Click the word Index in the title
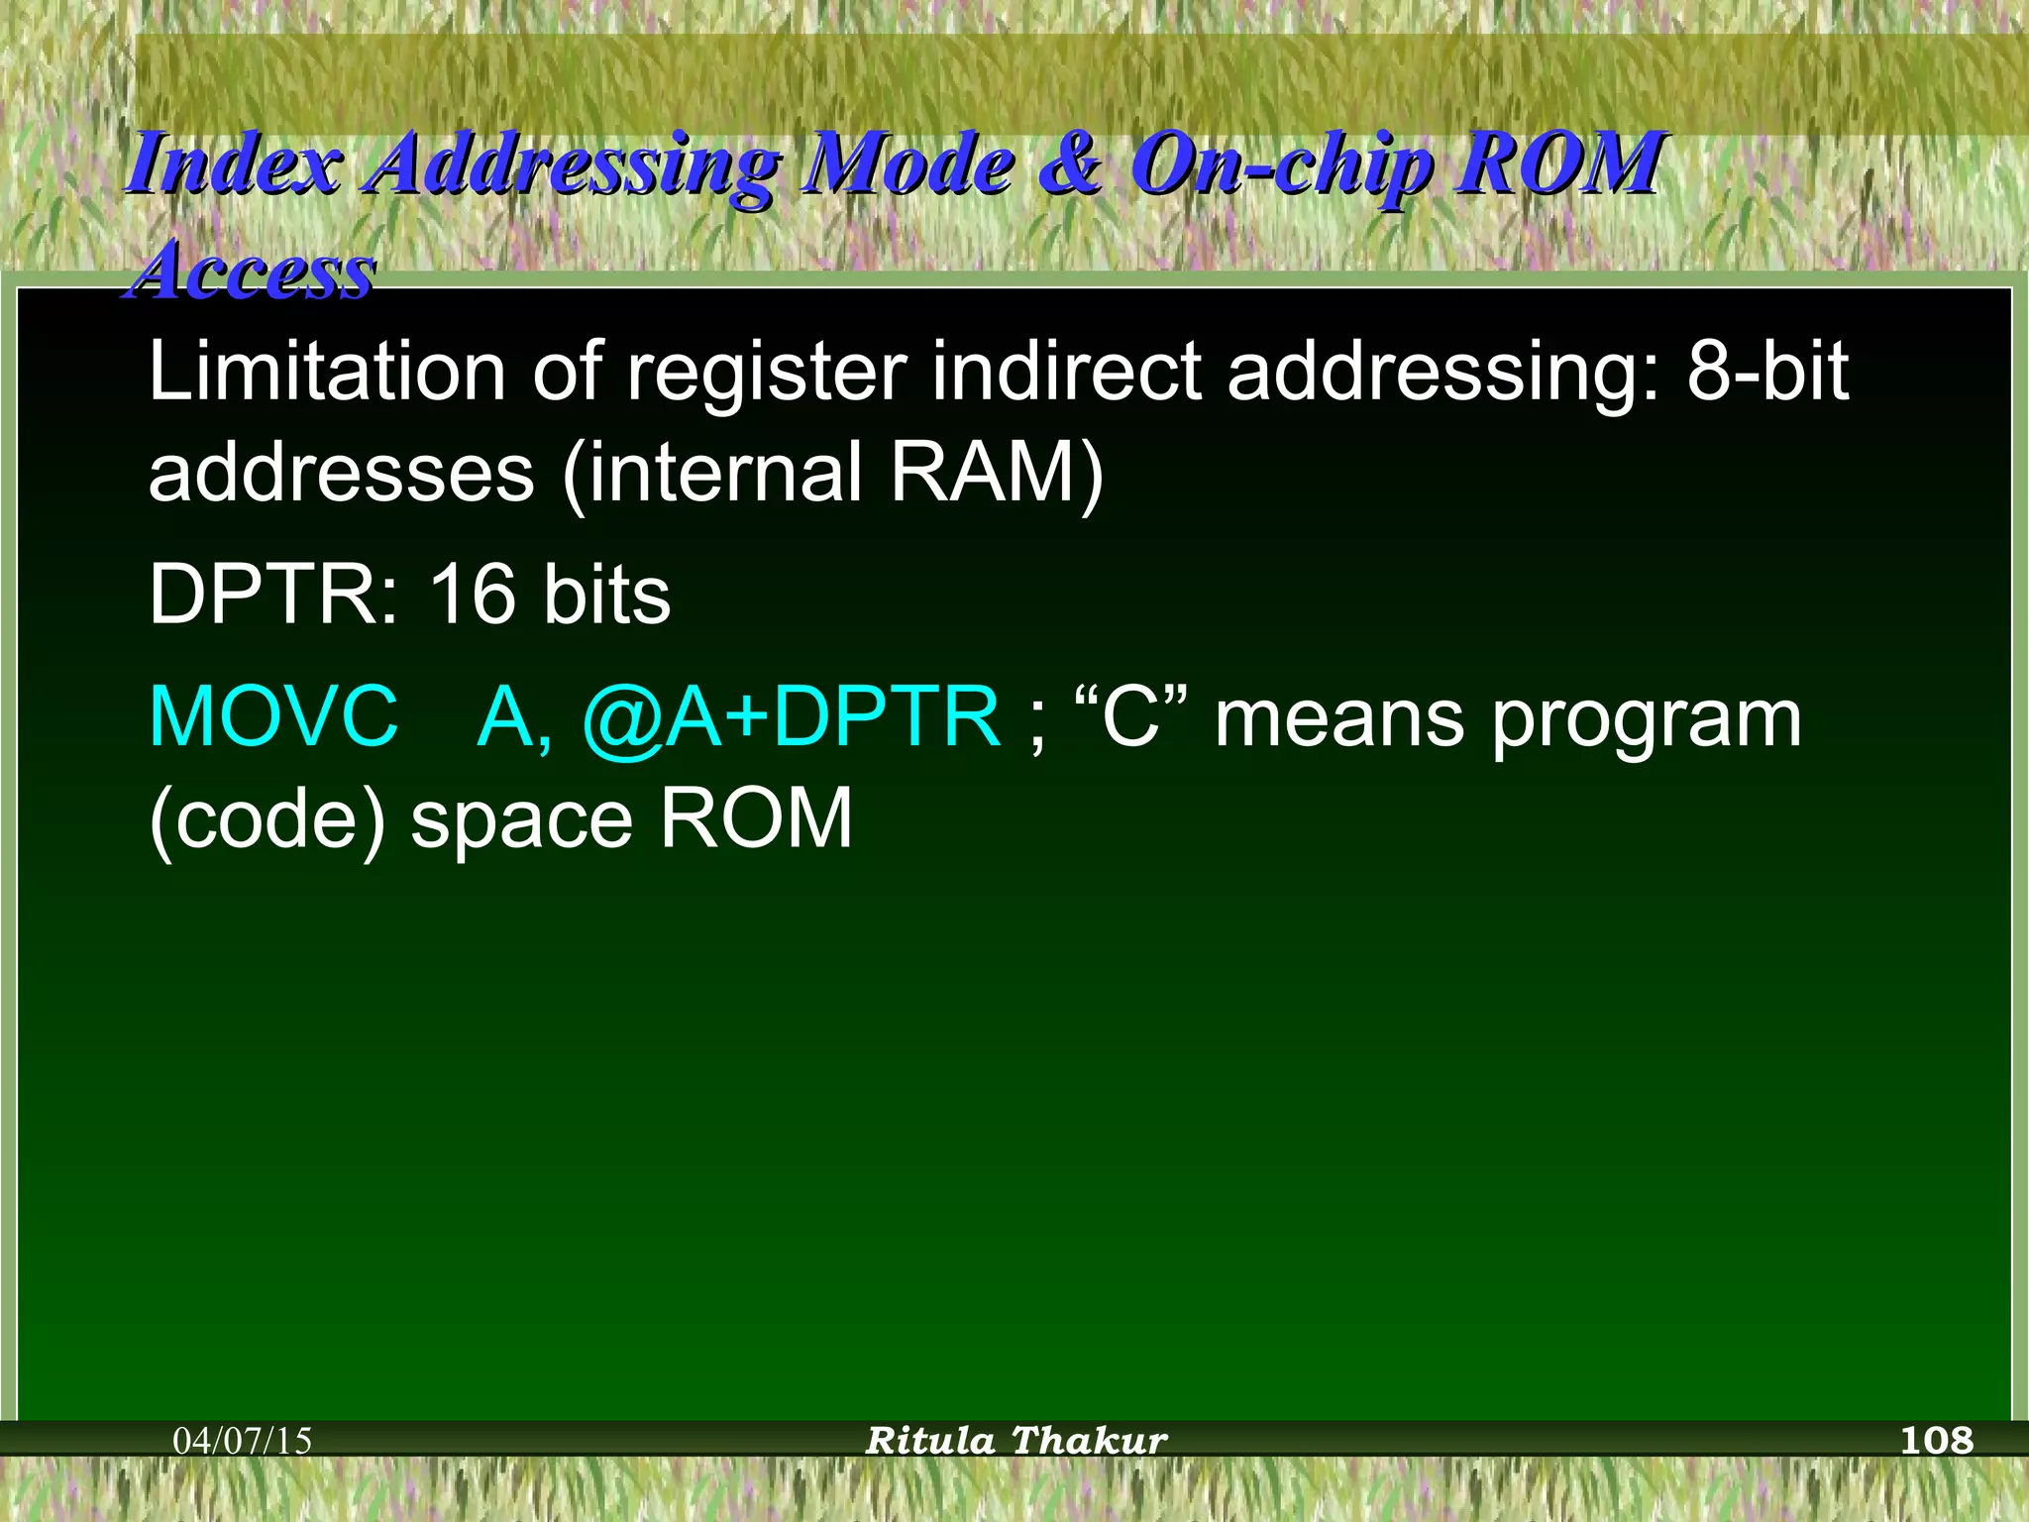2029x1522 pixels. click(x=234, y=164)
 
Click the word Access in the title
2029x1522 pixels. click(x=254, y=272)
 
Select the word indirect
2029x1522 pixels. click(x=1066, y=372)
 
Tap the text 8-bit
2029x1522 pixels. click(x=1767, y=372)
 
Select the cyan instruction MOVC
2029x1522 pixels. click(x=273, y=717)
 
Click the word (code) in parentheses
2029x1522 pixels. click(x=267, y=820)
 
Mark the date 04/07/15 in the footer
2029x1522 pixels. click(x=243, y=1440)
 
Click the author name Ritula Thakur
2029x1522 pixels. click(x=1016, y=1440)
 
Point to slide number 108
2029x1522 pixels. click(x=1937, y=1439)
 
